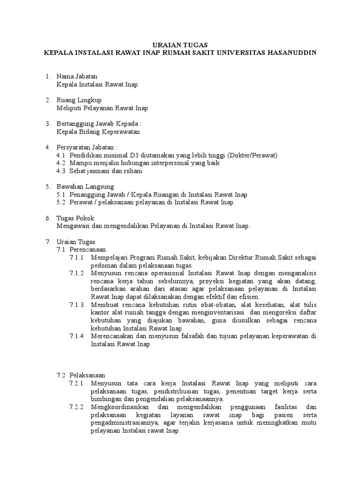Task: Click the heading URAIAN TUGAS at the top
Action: click(180, 45)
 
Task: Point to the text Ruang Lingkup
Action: click(79, 100)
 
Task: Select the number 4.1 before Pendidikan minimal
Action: click(60, 156)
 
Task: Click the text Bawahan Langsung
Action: click(82, 187)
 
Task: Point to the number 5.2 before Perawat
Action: click(60, 202)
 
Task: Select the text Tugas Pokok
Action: click(75, 218)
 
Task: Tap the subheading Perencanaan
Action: click(88, 250)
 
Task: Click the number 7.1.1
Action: click(76, 258)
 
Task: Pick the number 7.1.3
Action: click(76, 305)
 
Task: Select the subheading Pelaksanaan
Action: click(87, 375)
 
